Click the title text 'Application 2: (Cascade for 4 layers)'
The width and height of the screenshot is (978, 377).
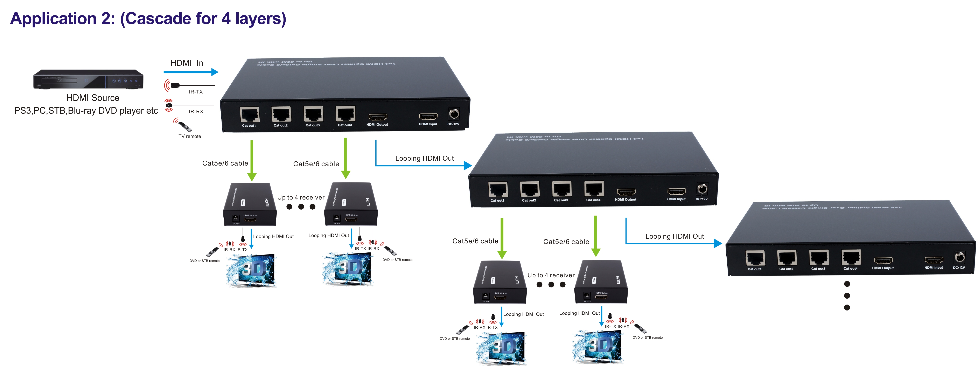[x=148, y=18]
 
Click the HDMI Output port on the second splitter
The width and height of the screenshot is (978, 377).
[x=626, y=192]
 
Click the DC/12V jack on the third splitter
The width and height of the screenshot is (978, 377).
[x=959, y=257]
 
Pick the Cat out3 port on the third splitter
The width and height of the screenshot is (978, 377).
[x=819, y=258]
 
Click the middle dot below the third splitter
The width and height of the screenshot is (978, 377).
[x=847, y=296]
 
